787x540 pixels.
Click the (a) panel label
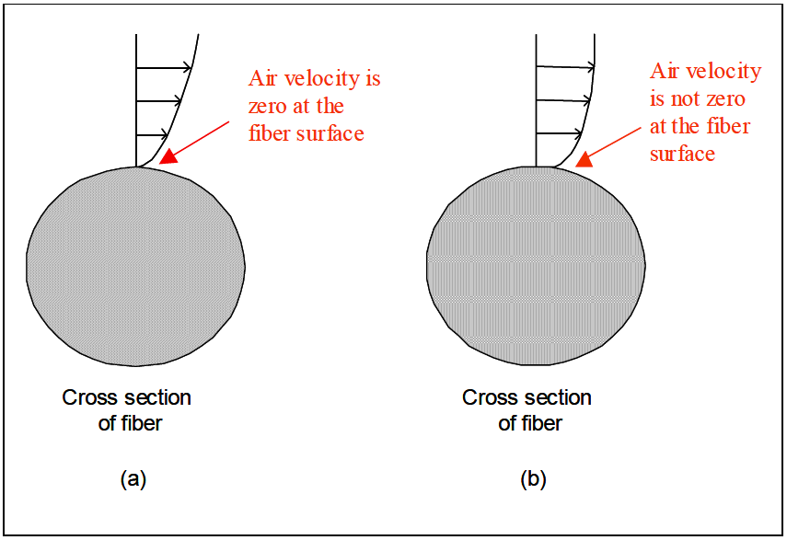point(133,478)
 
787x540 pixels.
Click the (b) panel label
point(533,478)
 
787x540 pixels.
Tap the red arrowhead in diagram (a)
point(168,157)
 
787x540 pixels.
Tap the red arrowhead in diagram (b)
point(582,161)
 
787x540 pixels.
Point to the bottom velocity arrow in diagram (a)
point(152,134)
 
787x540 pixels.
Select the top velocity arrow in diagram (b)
point(564,66)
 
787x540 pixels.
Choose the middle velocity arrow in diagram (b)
point(560,100)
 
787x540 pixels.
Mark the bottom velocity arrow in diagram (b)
point(558,134)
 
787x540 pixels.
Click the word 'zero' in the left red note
point(270,106)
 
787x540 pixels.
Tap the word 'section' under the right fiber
point(560,398)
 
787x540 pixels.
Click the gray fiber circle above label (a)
point(136,267)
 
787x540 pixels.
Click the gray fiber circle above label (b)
point(536,267)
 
